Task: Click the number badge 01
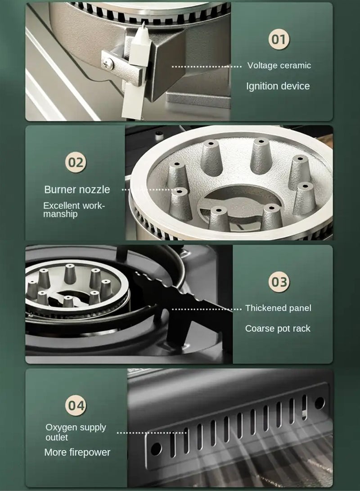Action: click(279, 39)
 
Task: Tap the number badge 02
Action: click(76, 162)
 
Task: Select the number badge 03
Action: click(279, 282)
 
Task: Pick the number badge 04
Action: click(76, 405)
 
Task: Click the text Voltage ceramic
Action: click(279, 66)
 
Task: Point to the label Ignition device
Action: click(278, 86)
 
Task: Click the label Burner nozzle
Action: click(77, 189)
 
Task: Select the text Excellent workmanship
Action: click(74, 210)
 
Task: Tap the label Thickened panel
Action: click(278, 308)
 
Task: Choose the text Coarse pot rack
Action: click(278, 329)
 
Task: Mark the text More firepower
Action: click(77, 452)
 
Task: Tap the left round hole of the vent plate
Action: click(156, 448)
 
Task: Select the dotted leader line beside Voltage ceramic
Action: click(207, 66)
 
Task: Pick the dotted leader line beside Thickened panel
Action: click(207, 309)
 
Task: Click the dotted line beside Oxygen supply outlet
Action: click(152, 433)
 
